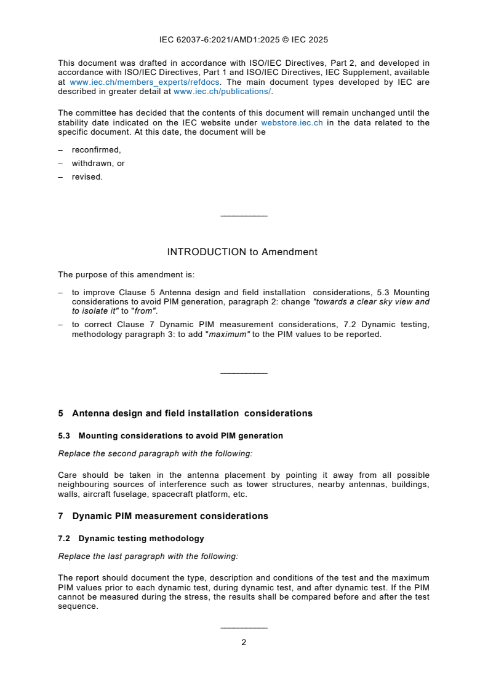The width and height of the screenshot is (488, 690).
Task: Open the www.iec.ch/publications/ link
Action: (222, 91)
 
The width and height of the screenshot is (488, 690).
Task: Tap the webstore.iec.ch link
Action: (292, 122)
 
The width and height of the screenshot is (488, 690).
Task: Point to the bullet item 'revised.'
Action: (87, 176)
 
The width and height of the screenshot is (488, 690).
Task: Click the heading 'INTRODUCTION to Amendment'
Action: (242, 252)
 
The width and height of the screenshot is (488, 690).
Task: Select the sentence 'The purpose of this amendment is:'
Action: (118, 274)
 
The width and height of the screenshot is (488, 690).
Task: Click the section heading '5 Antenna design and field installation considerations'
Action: (185, 413)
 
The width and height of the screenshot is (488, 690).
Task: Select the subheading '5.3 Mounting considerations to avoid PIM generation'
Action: (170, 435)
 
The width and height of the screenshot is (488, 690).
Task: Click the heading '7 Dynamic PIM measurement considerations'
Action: (163, 516)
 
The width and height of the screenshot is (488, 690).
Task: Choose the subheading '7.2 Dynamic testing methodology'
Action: (131, 538)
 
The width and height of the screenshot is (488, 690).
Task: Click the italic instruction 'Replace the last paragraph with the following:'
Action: (148, 556)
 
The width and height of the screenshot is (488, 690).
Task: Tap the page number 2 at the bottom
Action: (244, 642)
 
